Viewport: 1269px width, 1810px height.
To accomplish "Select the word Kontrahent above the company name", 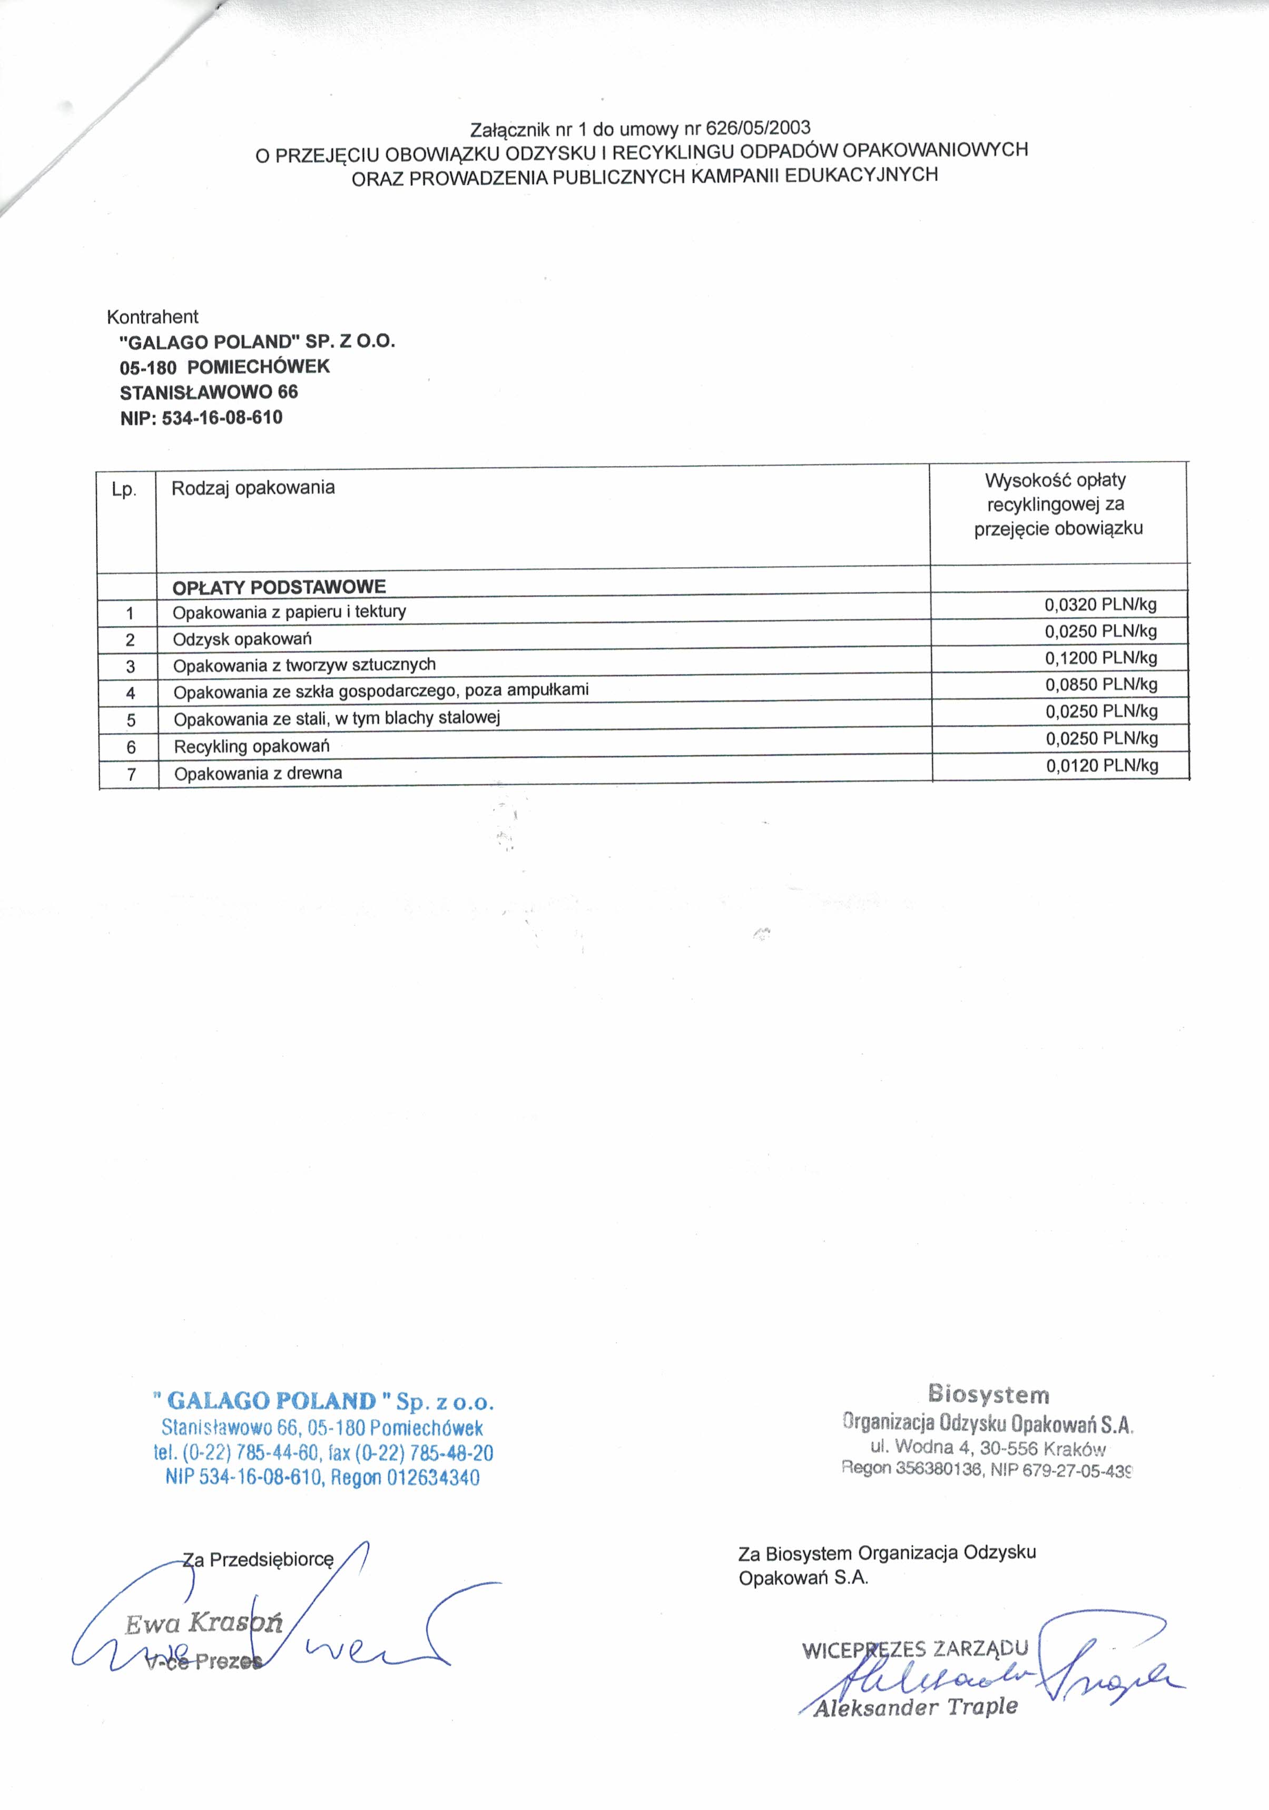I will pyautogui.click(x=152, y=317).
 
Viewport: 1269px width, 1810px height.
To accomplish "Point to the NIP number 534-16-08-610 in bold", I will pyautogui.click(x=222, y=417).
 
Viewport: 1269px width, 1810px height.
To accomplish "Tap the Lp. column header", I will pyautogui.click(x=124, y=490).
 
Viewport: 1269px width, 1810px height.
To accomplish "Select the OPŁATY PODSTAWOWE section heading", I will pyautogui.click(x=279, y=587).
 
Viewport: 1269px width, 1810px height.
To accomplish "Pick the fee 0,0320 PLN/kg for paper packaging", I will pyautogui.click(x=1100, y=605).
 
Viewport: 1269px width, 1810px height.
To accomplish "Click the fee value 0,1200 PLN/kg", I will pyautogui.click(x=1101, y=657).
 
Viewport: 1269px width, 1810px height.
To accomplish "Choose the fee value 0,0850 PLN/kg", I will pyautogui.click(x=1101, y=684).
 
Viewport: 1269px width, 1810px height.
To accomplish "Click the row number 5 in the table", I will pyautogui.click(x=131, y=720).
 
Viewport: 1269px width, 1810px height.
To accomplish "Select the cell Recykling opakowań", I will pyautogui.click(x=252, y=746).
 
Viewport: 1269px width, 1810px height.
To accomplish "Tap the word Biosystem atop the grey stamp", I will pyautogui.click(x=988, y=1394).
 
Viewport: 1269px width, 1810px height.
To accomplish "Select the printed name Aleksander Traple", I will pyautogui.click(x=915, y=1707).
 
